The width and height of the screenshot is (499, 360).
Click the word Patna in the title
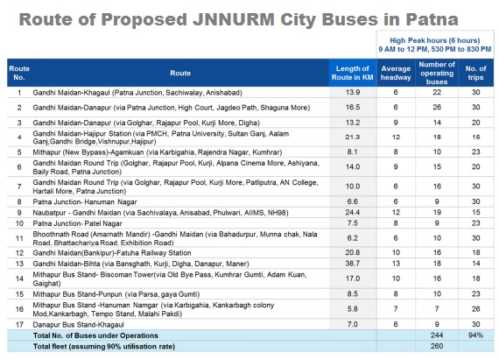tap(432, 19)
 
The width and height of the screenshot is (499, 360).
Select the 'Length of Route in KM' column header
tap(352, 73)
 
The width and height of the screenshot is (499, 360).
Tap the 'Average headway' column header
tap(396, 73)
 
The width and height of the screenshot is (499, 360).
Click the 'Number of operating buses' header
tap(437, 73)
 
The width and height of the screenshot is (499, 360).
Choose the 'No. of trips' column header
tap(475, 73)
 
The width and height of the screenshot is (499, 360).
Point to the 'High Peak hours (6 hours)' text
tap(435, 40)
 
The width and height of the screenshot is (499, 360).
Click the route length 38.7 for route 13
tap(353, 264)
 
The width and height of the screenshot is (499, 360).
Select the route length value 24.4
tap(353, 212)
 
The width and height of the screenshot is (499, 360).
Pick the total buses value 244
tap(437, 335)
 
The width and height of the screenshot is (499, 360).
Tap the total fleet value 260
tap(437, 346)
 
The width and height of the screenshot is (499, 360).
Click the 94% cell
tap(475, 335)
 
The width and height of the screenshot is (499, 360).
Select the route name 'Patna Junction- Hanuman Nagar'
tap(85, 201)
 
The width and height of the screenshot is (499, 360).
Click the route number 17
tap(19, 325)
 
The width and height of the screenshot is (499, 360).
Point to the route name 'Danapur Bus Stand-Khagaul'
tap(78, 325)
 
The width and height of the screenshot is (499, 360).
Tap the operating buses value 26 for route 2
tap(437, 107)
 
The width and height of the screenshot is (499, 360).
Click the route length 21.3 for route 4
tap(353, 138)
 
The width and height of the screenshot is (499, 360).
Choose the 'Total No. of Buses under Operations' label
tap(95, 335)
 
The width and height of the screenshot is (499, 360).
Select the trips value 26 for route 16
tap(475, 309)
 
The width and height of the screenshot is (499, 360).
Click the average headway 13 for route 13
tap(396, 264)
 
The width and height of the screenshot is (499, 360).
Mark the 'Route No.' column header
tap(19, 73)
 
